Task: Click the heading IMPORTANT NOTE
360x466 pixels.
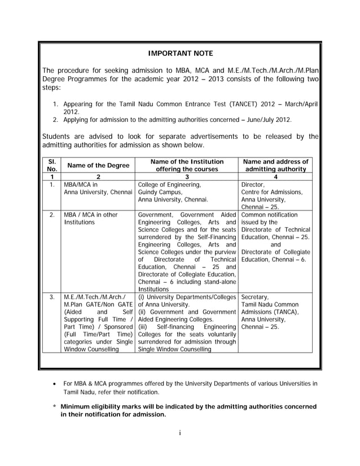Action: click(x=180, y=54)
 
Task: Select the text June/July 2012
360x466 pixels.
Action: click(x=268, y=120)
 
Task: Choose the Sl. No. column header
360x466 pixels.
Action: click(x=52, y=165)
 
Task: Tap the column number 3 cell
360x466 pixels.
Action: click(x=186, y=177)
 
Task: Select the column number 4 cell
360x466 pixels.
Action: click(x=275, y=177)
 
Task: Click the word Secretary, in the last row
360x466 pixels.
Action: click(x=255, y=296)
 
